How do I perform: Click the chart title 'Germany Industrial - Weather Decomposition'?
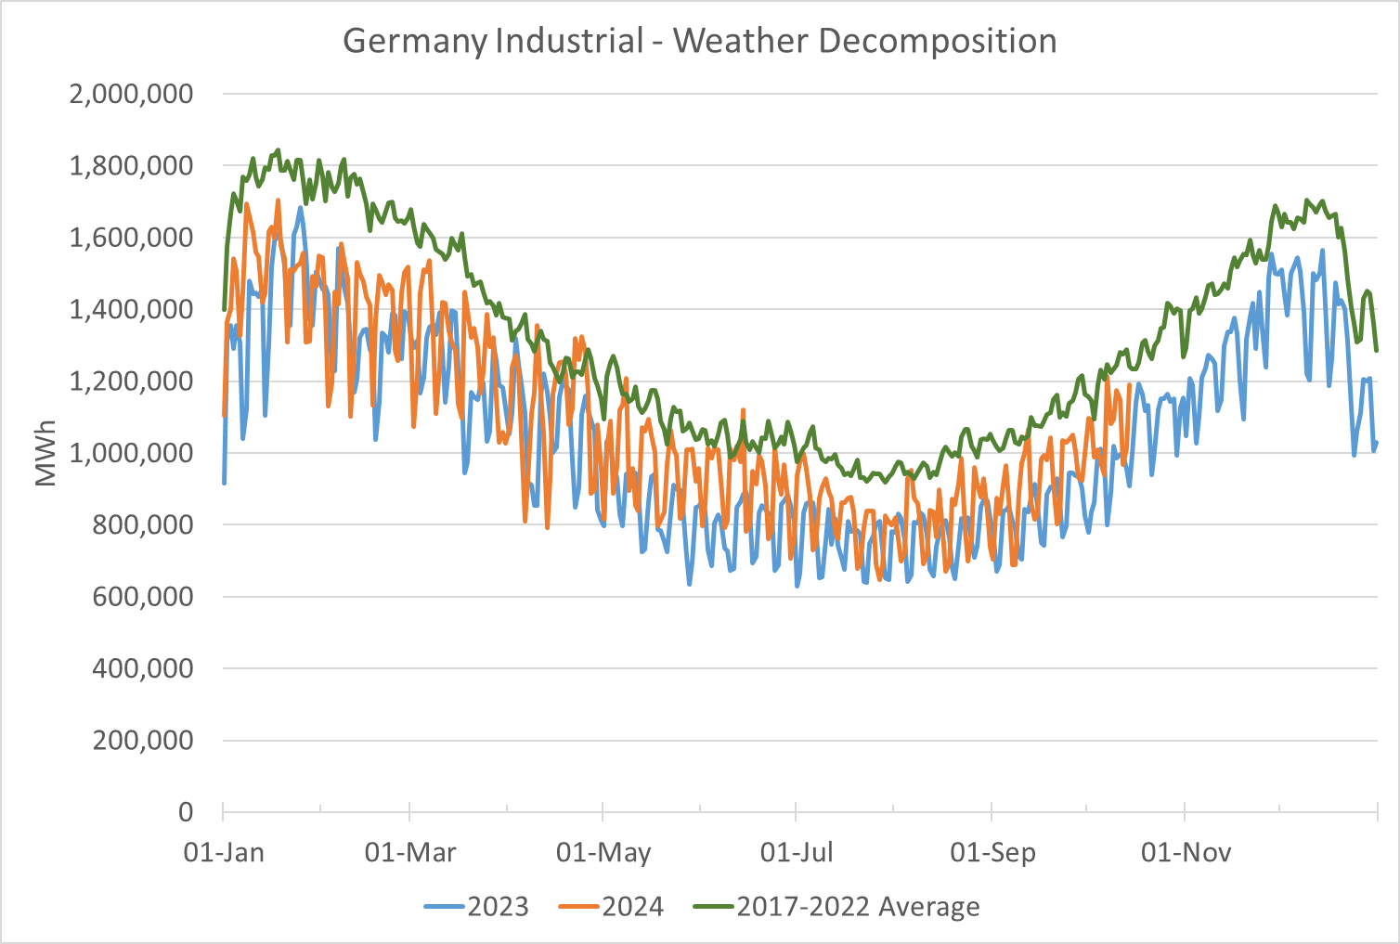tap(699, 42)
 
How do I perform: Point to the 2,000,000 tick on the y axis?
tap(131, 94)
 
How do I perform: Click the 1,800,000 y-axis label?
tap(131, 166)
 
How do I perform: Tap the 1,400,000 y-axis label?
tap(131, 309)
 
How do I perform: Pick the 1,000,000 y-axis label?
tap(131, 453)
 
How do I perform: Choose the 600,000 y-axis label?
tap(142, 597)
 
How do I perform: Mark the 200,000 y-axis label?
tap(142, 741)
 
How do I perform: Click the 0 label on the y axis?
tap(186, 812)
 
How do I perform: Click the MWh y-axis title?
tap(45, 453)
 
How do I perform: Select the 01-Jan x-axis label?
tap(224, 852)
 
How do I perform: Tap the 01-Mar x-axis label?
tap(410, 852)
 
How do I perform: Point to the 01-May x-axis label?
tap(603, 852)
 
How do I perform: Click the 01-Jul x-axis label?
tap(797, 852)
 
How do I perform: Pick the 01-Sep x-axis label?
tap(992, 852)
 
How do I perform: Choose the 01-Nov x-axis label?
tap(1186, 852)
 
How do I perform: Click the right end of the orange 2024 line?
tap(1129, 384)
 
